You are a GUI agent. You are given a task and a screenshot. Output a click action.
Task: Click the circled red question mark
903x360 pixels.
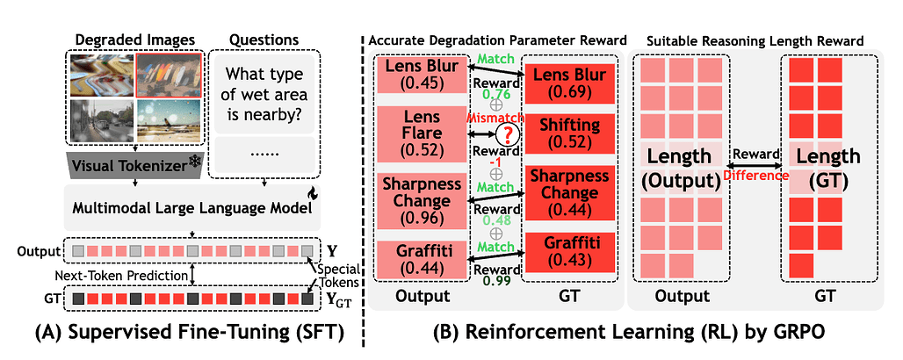pos(506,133)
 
